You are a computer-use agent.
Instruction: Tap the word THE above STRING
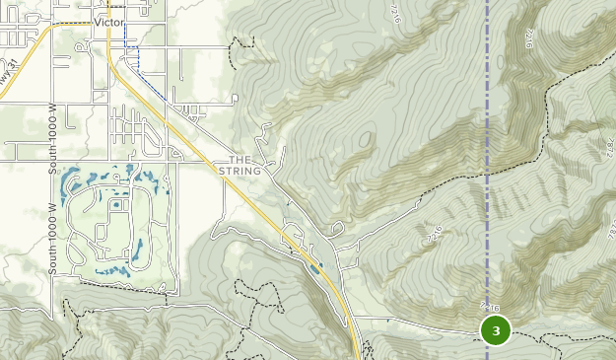pos(241,160)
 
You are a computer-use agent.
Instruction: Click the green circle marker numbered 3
pos(495,330)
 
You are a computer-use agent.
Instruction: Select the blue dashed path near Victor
pos(138,64)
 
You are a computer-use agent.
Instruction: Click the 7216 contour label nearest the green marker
pos(488,307)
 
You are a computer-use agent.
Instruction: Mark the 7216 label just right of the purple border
pos(530,37)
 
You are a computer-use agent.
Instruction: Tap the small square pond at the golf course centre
pos(116,206)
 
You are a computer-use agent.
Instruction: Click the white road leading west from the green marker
pos(414,322)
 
